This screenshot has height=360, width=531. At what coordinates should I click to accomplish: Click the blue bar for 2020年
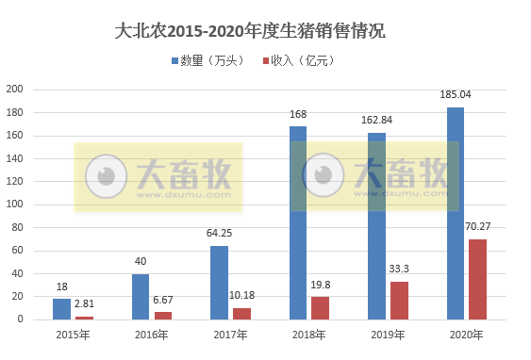455,213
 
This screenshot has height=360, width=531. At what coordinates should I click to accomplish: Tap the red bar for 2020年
478,279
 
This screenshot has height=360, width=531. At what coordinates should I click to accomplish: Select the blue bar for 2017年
219,283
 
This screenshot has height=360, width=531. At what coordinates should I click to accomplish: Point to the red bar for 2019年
400,301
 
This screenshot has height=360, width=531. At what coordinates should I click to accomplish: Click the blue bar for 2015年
61,309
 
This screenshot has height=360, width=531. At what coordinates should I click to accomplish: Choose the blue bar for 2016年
141,297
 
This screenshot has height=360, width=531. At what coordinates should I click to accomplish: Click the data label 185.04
455,95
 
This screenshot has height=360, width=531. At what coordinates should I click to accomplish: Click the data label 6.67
164,300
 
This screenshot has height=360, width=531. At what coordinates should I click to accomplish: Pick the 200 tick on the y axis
15,90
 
